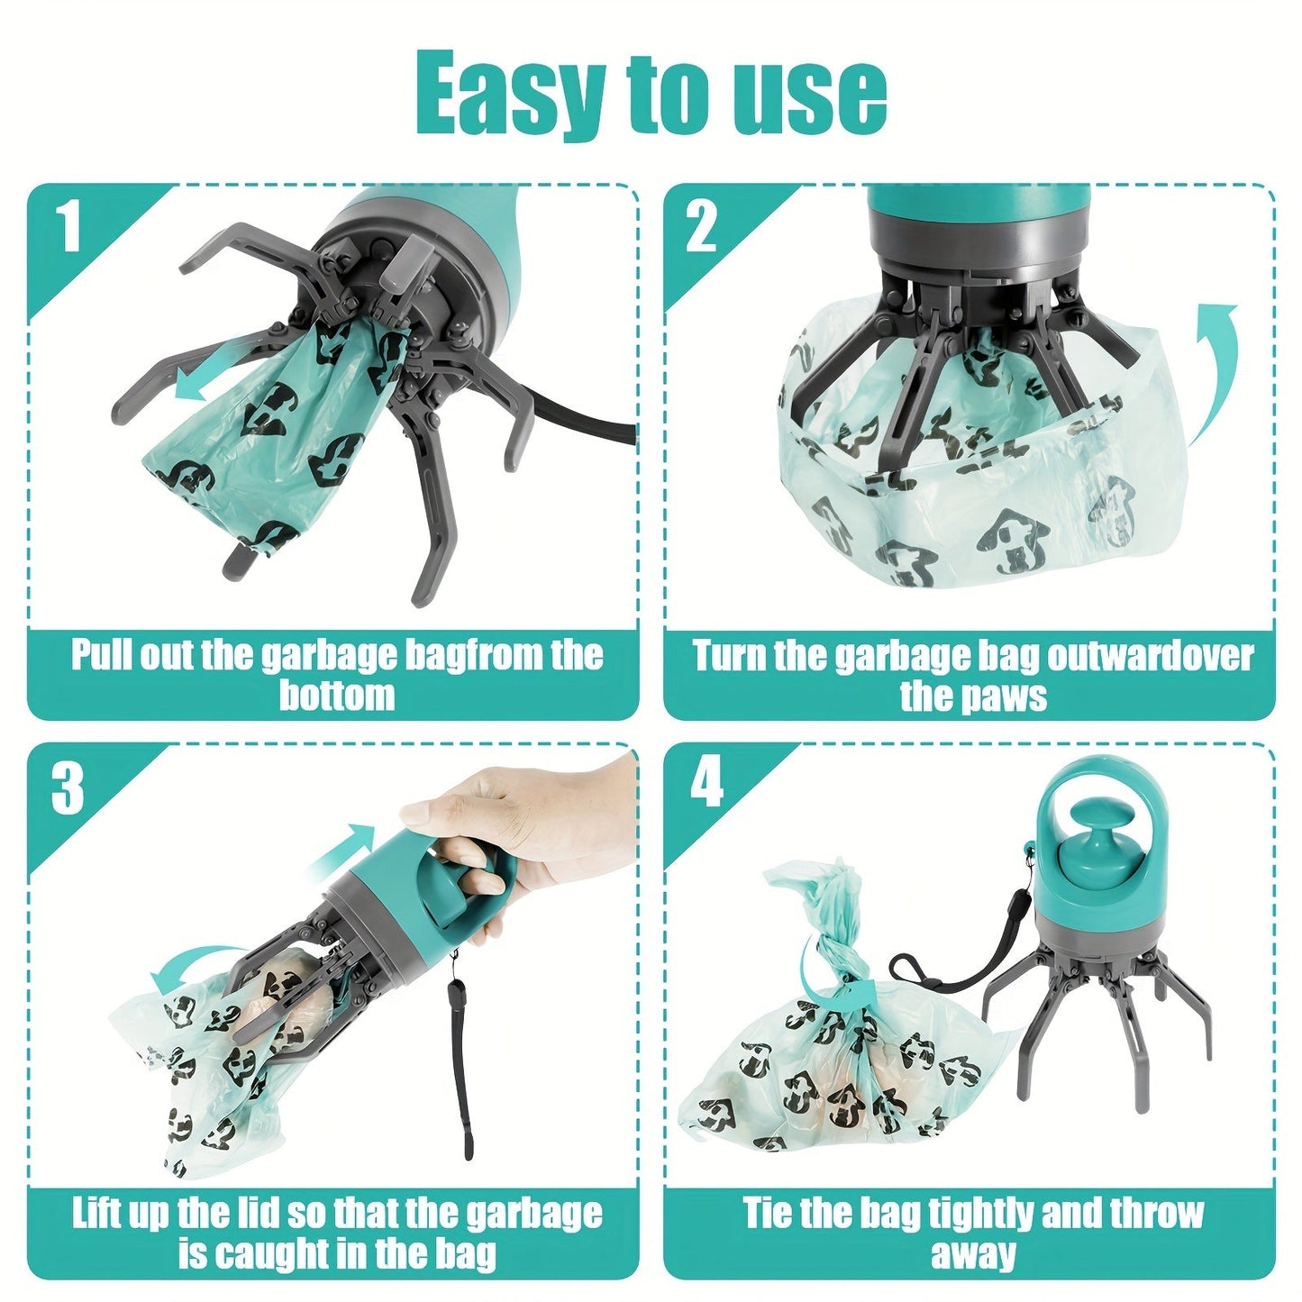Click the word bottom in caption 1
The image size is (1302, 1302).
(x=336, y=696)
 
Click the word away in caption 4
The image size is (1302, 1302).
(x=973, y=1253)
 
